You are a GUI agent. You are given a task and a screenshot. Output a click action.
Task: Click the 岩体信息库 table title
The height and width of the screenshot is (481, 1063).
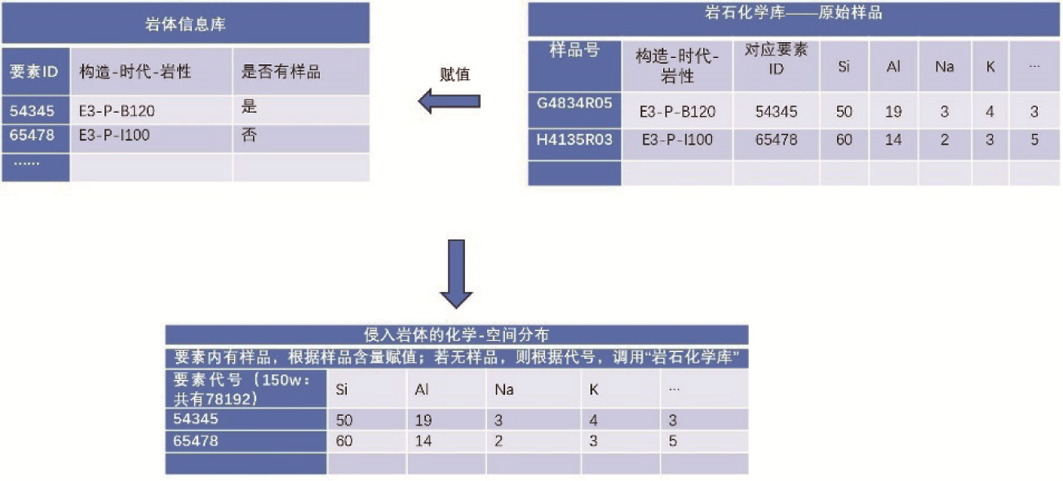(x=186, y=23)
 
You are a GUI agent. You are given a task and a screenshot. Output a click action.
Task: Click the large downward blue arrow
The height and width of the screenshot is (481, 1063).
(x=456, y=273)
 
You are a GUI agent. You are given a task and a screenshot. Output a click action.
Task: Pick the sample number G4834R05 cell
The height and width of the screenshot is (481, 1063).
(x=575, y=102)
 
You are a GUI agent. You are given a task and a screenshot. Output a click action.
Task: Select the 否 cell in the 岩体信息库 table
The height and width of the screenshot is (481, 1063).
(x=250, y=136)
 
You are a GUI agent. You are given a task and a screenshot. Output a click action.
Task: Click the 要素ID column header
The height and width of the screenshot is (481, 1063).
(x=34, y=72)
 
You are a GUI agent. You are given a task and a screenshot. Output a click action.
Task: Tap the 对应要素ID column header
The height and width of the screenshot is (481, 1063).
(x=776, y=59)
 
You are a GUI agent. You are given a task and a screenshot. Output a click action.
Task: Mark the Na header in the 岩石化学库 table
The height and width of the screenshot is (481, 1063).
(x=944, y=66)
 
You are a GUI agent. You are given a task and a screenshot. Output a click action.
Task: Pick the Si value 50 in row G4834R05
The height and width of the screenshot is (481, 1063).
(x=844, y=111)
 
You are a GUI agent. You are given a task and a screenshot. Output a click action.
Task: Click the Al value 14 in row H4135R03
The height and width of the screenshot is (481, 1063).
(x=893, y=140)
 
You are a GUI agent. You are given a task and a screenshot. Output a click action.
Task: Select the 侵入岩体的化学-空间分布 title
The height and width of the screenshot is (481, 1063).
(x=457, y=335)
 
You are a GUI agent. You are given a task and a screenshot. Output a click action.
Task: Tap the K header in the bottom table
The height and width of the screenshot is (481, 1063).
(x=594, y=389)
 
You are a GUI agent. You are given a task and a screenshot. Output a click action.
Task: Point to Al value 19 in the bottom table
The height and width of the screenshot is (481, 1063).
(x=423, y=420)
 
